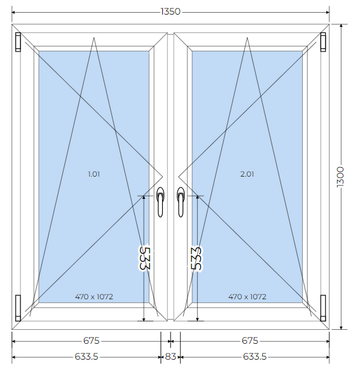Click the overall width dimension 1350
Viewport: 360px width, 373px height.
[x=170, y=11]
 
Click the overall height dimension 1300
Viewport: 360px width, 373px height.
[x=340, y=177]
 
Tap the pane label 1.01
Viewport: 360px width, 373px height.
[x=93, y=174]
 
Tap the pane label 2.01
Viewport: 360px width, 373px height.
[x=247, y=174]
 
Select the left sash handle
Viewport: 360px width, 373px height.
[x=160, y=202]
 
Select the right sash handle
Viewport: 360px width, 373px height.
[x=181, y=202]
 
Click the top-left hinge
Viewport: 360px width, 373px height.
[x=18, y=42]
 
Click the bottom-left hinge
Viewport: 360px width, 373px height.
[x=18, y=308]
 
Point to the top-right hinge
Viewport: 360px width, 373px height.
[x=323, y=42]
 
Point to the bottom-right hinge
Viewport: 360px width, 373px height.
[x=323, y=308]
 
